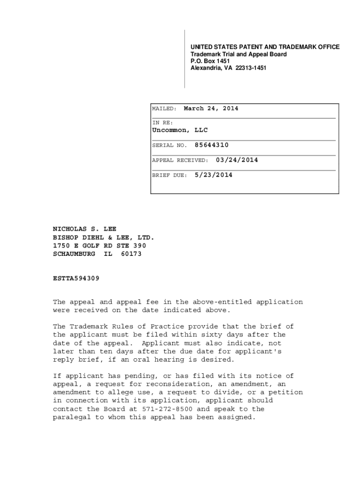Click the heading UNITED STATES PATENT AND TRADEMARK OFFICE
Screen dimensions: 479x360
tap(265, 47)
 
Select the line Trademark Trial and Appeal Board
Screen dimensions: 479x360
tap(238, 54)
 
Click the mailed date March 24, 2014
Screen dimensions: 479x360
tap(211, 109)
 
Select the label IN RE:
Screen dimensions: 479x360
tap(163, 123)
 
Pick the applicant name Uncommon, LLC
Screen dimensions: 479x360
tap(180, 130)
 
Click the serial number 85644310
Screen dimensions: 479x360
tap(212, 145)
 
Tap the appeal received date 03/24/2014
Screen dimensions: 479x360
tap(237, 160)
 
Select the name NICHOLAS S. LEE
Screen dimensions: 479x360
tap(85, 230)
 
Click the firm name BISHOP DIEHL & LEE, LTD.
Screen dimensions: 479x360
tap(103, 238)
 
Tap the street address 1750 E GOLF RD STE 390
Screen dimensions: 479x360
tap(100, 246)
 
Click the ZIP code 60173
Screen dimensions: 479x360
tap(131, 254)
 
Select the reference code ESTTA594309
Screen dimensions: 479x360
tap(76, 278)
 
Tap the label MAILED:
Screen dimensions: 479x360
tap(164, 109)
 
